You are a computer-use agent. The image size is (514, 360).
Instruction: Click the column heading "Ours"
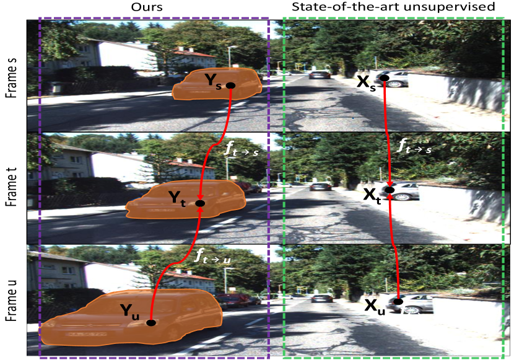[147, 7]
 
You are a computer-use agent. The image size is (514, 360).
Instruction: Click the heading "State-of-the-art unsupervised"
[393, 7]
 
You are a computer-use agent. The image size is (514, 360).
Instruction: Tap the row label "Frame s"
[12, 77]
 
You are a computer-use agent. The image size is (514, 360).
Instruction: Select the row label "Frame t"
[12, 187]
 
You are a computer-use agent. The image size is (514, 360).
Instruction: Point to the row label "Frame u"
[12, 301]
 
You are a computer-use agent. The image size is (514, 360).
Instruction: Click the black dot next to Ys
[231, 86]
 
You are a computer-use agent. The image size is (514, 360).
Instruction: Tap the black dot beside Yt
[200, 203]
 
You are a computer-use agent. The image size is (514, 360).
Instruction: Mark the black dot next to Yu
[150, 323]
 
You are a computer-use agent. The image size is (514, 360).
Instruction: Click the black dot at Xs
[384, 78]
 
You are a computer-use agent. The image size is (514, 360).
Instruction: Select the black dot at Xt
[390, 190]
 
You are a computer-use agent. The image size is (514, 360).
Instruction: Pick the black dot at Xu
[398, 302]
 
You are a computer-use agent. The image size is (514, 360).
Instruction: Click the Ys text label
[213, 82]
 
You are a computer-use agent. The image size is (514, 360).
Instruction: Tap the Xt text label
[372, 196]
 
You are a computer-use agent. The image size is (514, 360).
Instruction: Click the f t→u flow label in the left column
[212, 256]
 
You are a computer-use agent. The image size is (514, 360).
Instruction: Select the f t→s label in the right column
[414, 146]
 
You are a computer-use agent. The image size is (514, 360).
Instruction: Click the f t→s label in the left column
[242, 149]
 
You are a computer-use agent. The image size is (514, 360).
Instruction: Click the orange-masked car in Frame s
[217, 84]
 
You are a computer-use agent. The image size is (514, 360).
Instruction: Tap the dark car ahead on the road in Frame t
[321, 187]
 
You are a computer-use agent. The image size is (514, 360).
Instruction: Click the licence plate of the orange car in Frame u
[87, 335]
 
